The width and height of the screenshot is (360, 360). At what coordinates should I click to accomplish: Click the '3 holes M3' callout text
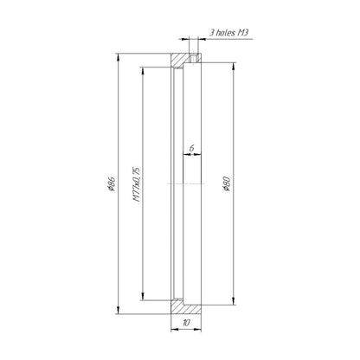(x=229, y=32)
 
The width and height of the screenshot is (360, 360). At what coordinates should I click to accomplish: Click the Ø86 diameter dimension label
(x=112, y=183)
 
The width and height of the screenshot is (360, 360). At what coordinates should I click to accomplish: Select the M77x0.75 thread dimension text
(x=136, y=183)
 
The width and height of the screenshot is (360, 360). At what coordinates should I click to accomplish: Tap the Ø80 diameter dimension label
(x=227, y=183)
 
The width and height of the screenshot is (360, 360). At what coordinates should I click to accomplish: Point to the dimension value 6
(x=191, y=148)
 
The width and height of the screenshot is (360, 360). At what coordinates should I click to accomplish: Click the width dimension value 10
(x=186, y=323)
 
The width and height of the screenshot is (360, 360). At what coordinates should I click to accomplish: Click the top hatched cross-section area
(x=180, y=59)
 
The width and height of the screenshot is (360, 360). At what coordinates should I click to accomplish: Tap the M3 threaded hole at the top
(x=194, y=58)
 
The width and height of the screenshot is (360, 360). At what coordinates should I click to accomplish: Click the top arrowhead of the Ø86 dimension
(x=118, y=57)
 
